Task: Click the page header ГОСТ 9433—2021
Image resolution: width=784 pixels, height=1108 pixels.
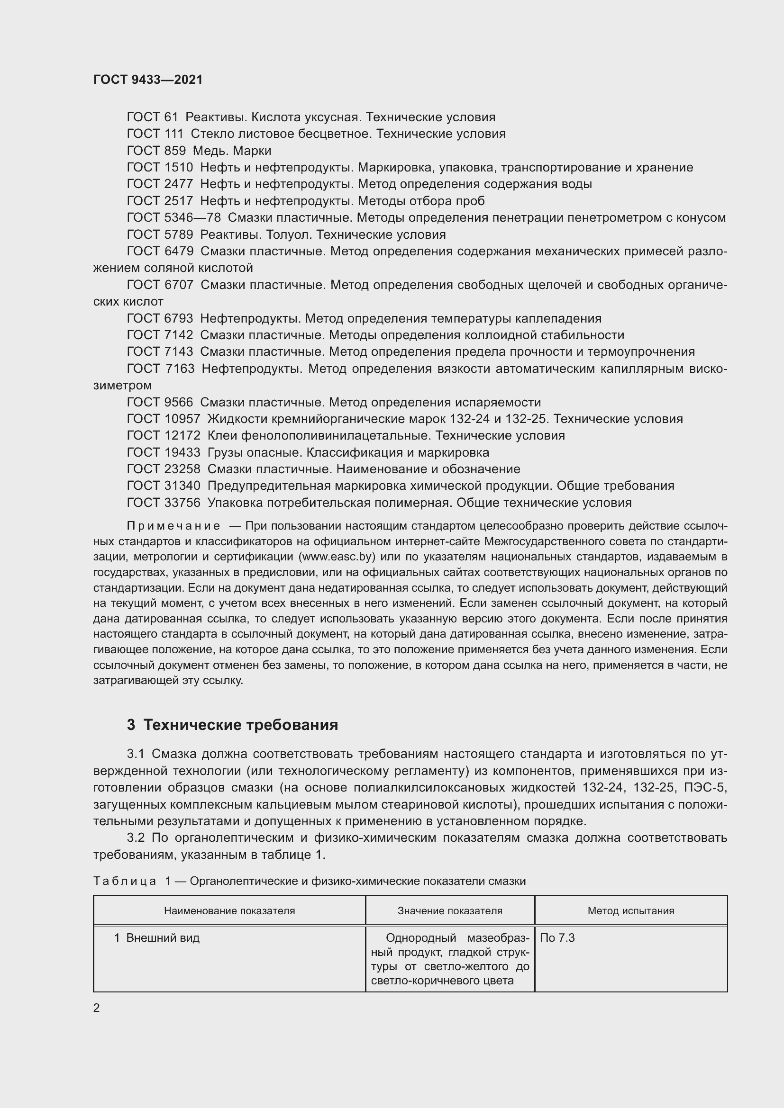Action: (148, 80)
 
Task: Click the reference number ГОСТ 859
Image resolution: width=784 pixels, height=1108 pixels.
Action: (156, 151)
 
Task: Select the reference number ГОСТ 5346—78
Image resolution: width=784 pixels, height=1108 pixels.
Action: (173, 217)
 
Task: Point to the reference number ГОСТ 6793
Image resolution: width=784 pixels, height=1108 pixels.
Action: (160, 318)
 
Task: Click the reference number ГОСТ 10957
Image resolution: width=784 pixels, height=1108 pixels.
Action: (163, 419)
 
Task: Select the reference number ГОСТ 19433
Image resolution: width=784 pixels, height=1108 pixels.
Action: (163, 453)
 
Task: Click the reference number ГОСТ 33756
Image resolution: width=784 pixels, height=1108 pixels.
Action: (163, 503)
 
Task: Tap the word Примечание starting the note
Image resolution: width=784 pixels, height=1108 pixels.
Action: (173, 526)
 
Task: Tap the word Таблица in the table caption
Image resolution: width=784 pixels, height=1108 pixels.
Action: (125, 881)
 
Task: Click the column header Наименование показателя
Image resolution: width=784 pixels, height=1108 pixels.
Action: (229, 910)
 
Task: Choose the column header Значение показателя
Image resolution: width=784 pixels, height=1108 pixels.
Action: (449, 910)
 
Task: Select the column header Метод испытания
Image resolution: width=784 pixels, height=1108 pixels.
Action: (630, 910)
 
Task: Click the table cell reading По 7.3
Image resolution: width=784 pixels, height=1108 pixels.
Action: (557, 937)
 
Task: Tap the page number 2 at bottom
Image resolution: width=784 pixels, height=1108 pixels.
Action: (97, 1008)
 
